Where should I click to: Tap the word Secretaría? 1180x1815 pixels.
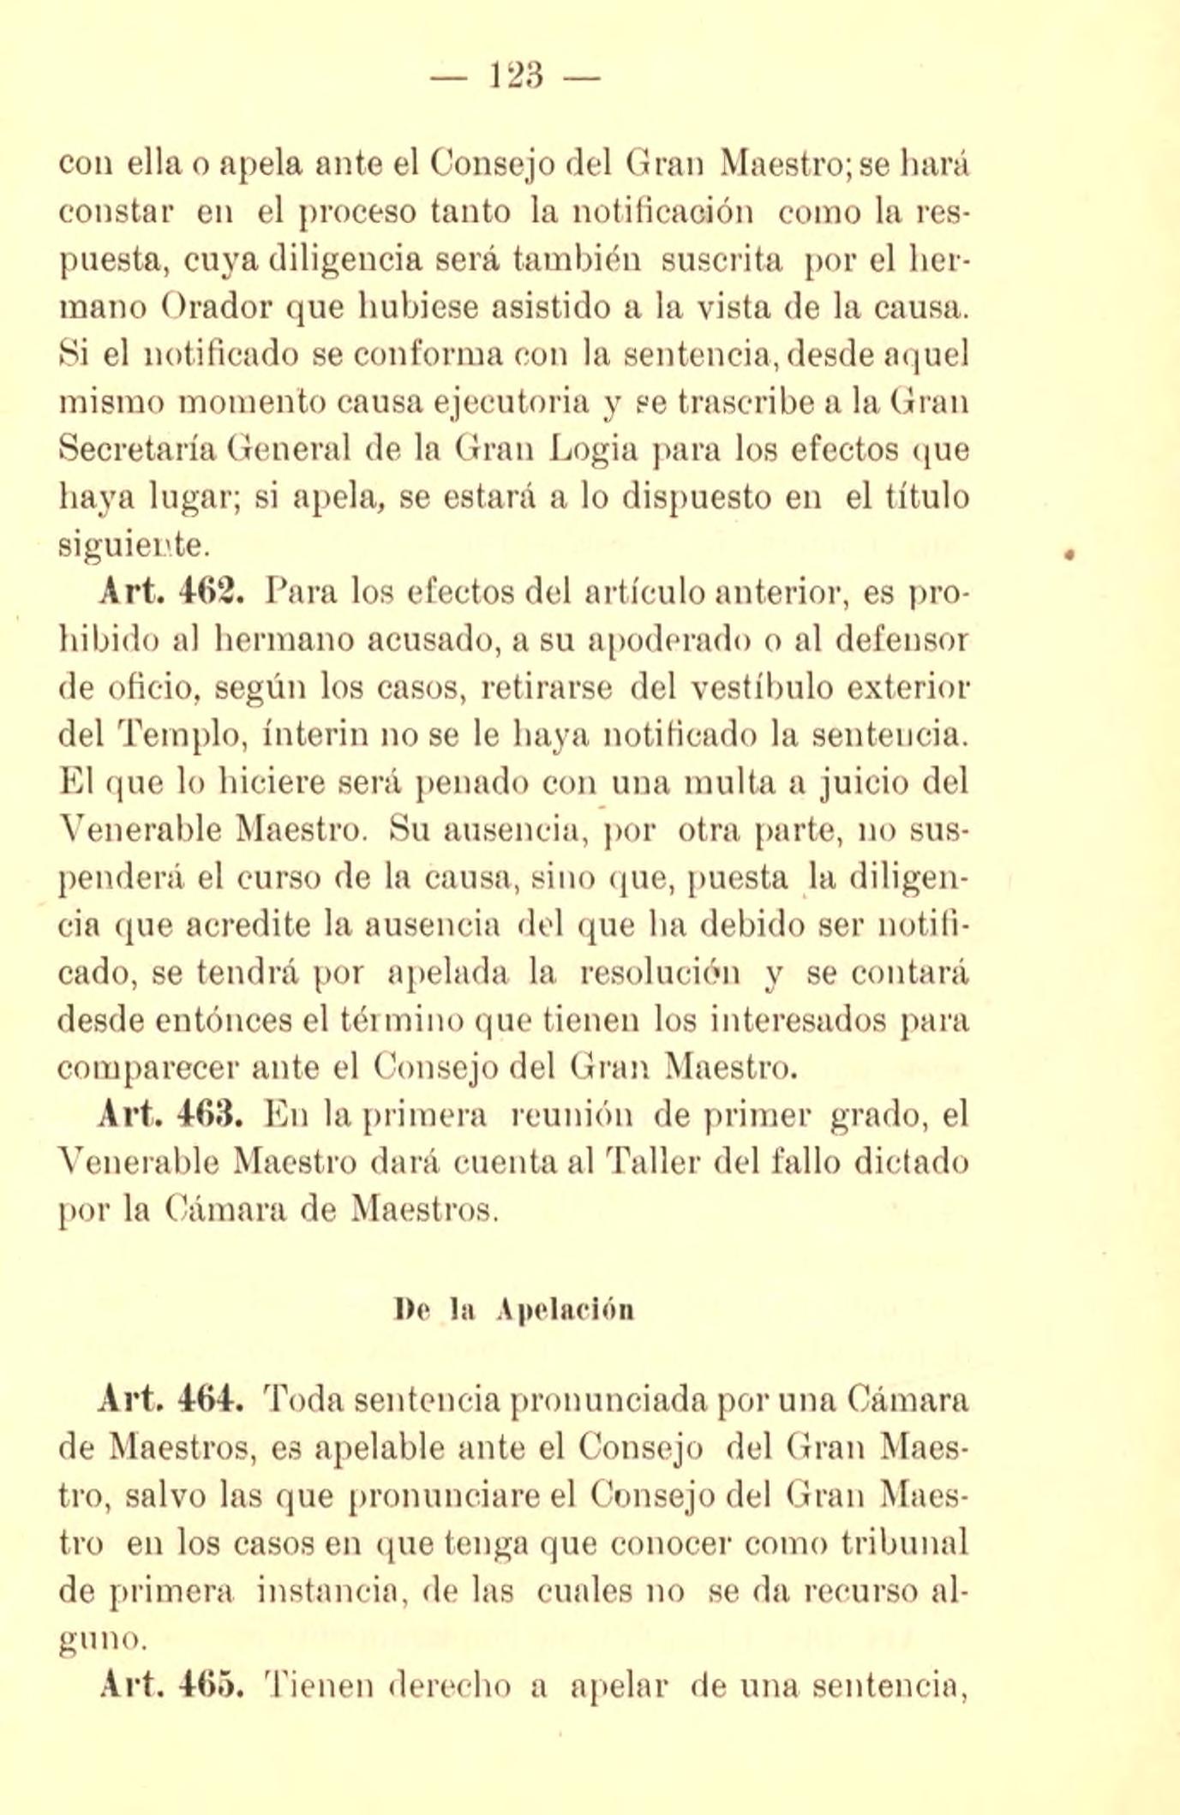(x=137, y=449)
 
